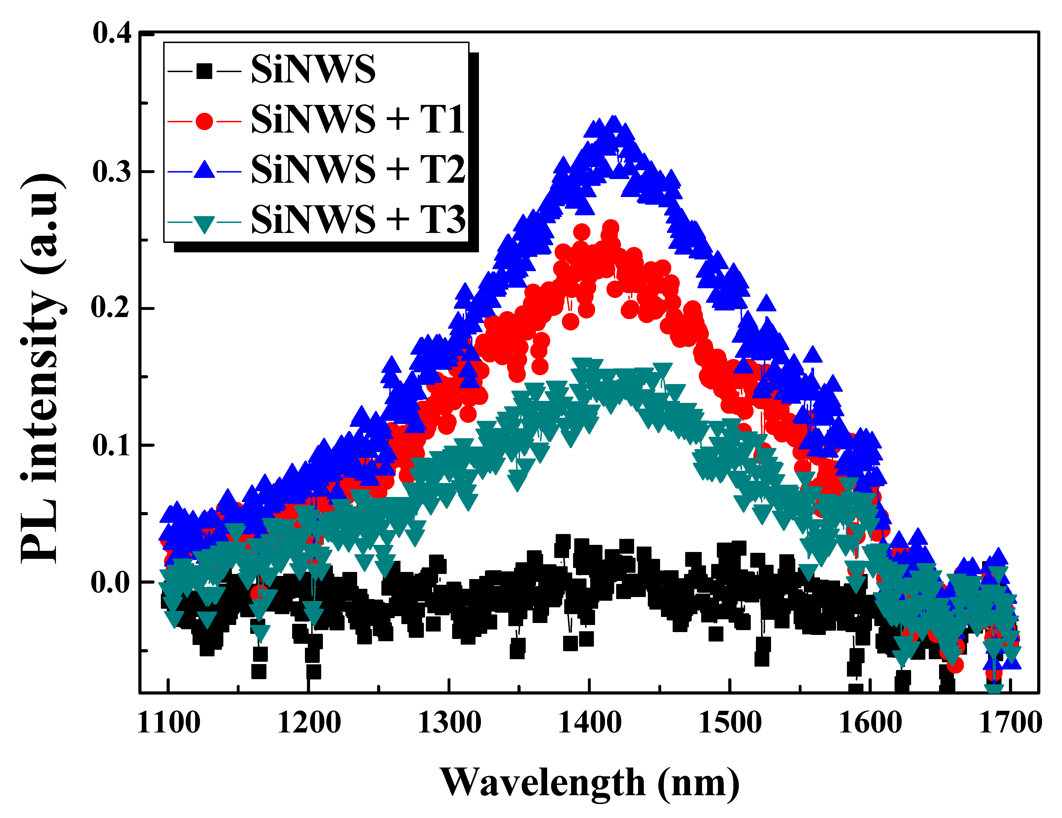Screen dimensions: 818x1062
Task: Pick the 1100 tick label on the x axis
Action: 168,723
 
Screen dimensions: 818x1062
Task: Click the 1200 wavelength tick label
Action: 309,723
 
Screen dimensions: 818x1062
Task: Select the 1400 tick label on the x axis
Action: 589,723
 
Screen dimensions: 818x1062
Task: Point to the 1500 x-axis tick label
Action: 729,723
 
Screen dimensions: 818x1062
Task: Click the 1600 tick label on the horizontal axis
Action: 870,723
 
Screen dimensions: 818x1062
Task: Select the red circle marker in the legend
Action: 204,121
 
